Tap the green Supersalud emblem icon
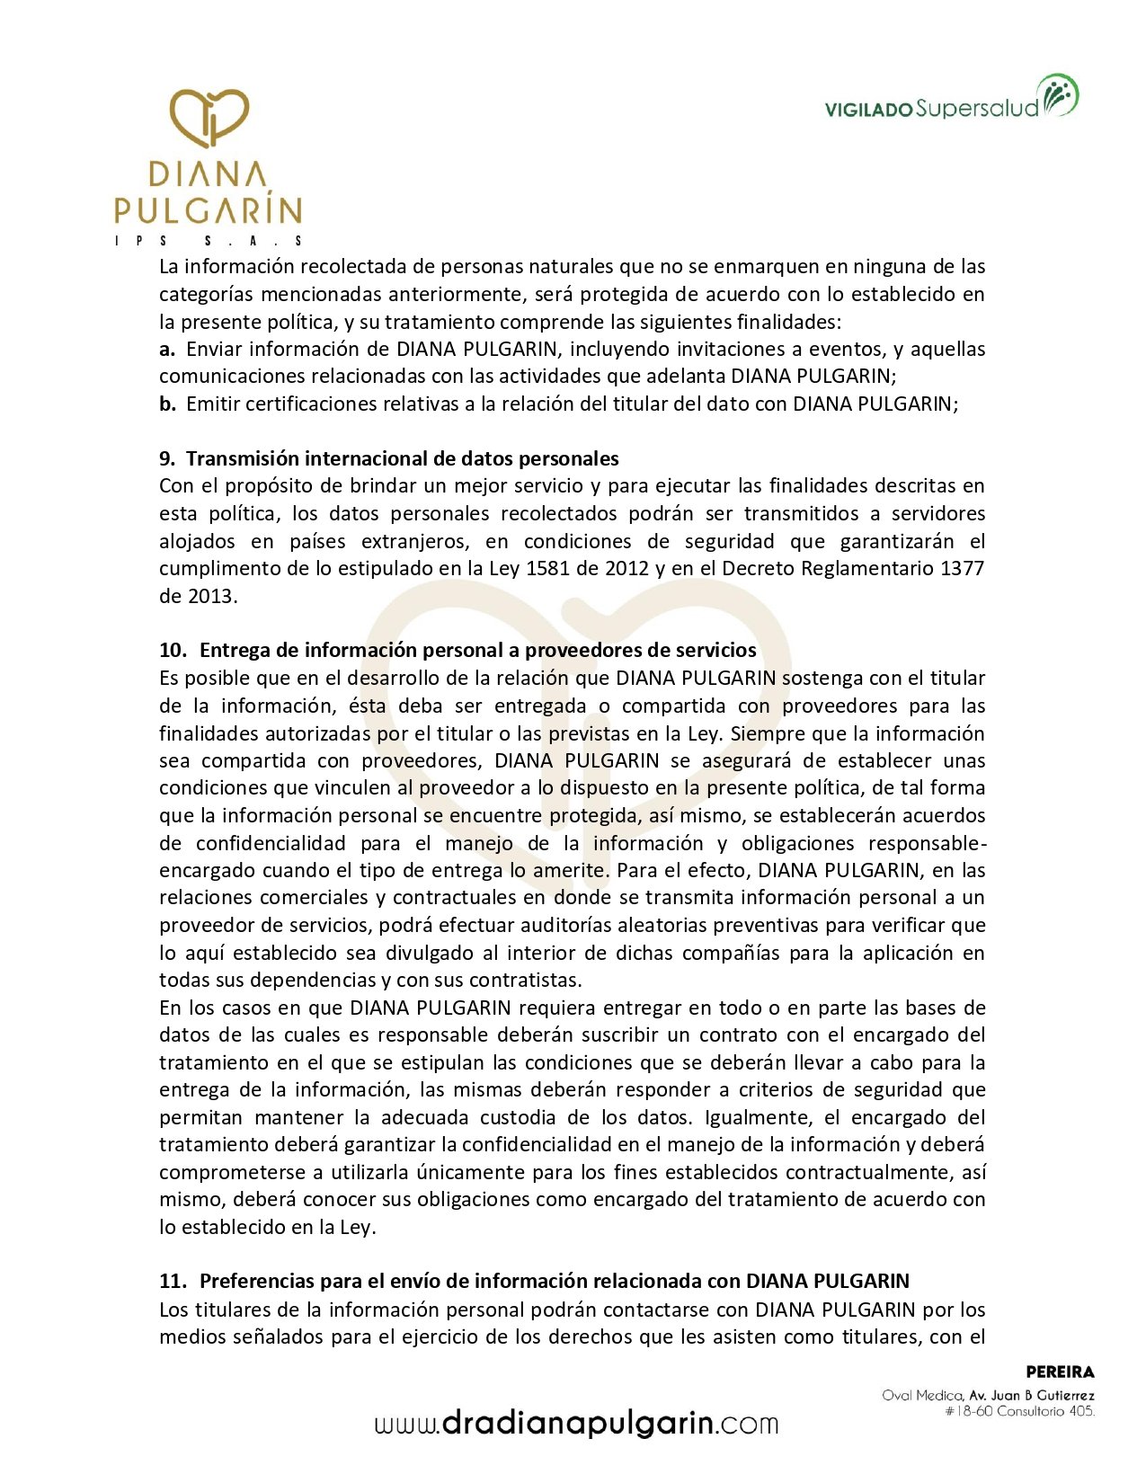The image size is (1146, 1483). pos(1059,96)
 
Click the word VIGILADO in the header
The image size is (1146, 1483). pos(868,110)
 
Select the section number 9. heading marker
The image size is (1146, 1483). pos(167,458)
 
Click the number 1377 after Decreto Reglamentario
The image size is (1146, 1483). pos(962,568)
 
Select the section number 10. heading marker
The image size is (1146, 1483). pos(173,650)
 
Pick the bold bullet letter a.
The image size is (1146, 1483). pos(166,349)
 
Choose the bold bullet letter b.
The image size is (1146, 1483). pos(167,404)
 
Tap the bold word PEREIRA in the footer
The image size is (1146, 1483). pos(1060,1372)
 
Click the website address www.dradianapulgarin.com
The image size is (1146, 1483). pos(576,1424)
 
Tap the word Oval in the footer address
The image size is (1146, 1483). pos(897,1396)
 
